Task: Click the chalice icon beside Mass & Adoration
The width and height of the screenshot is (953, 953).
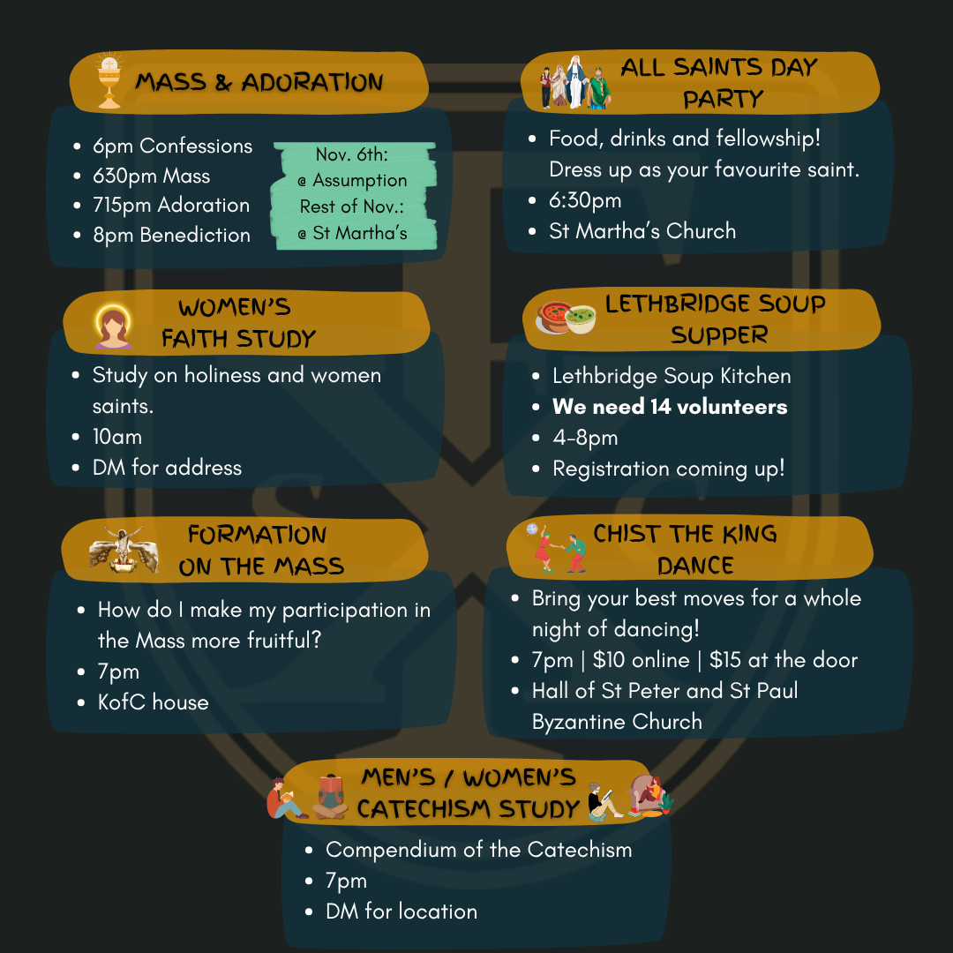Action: pos(109,82)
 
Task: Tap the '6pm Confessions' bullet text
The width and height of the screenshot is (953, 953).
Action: pos(172,146)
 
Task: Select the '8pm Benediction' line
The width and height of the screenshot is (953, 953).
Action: pos(171,236)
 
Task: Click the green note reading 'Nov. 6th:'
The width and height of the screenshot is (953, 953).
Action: pos(352,155)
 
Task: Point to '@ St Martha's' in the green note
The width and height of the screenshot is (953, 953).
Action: pos(353,234)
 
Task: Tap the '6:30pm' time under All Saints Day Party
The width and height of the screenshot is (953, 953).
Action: pos(585,200)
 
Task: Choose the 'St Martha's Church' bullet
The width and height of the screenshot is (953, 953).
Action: pos(642,231)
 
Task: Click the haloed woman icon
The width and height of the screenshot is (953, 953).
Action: pos(113,326)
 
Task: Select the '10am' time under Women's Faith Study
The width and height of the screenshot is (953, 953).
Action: pos(116,437)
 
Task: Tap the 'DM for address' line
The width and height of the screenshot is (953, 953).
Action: pos(167,468)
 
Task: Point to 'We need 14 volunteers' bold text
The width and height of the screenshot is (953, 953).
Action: pos(670,407)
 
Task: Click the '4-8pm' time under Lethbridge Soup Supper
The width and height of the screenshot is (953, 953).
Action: pos(585,438)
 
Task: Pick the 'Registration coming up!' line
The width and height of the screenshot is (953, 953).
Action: pos(668,469)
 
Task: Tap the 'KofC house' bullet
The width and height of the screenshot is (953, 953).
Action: pos(153,702)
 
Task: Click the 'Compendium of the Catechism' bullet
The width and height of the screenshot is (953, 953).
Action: pos(478,850)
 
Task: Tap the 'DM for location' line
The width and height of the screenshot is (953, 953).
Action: pos(401,912)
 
